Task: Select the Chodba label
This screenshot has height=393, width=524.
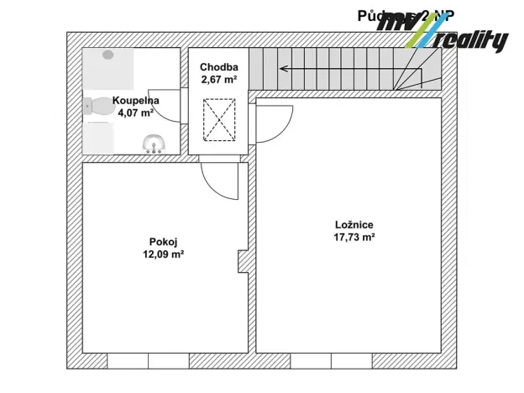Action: click(219, 67)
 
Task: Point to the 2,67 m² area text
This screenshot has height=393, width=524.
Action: click(219, 80)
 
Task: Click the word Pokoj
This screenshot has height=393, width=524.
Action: click(161, 239)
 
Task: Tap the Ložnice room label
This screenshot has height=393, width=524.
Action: click(353, 224)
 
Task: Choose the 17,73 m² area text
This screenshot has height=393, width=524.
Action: click(354, 238)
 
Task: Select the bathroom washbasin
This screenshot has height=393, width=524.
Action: click(155, 144)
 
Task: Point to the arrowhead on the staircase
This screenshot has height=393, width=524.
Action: click(284, 69)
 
